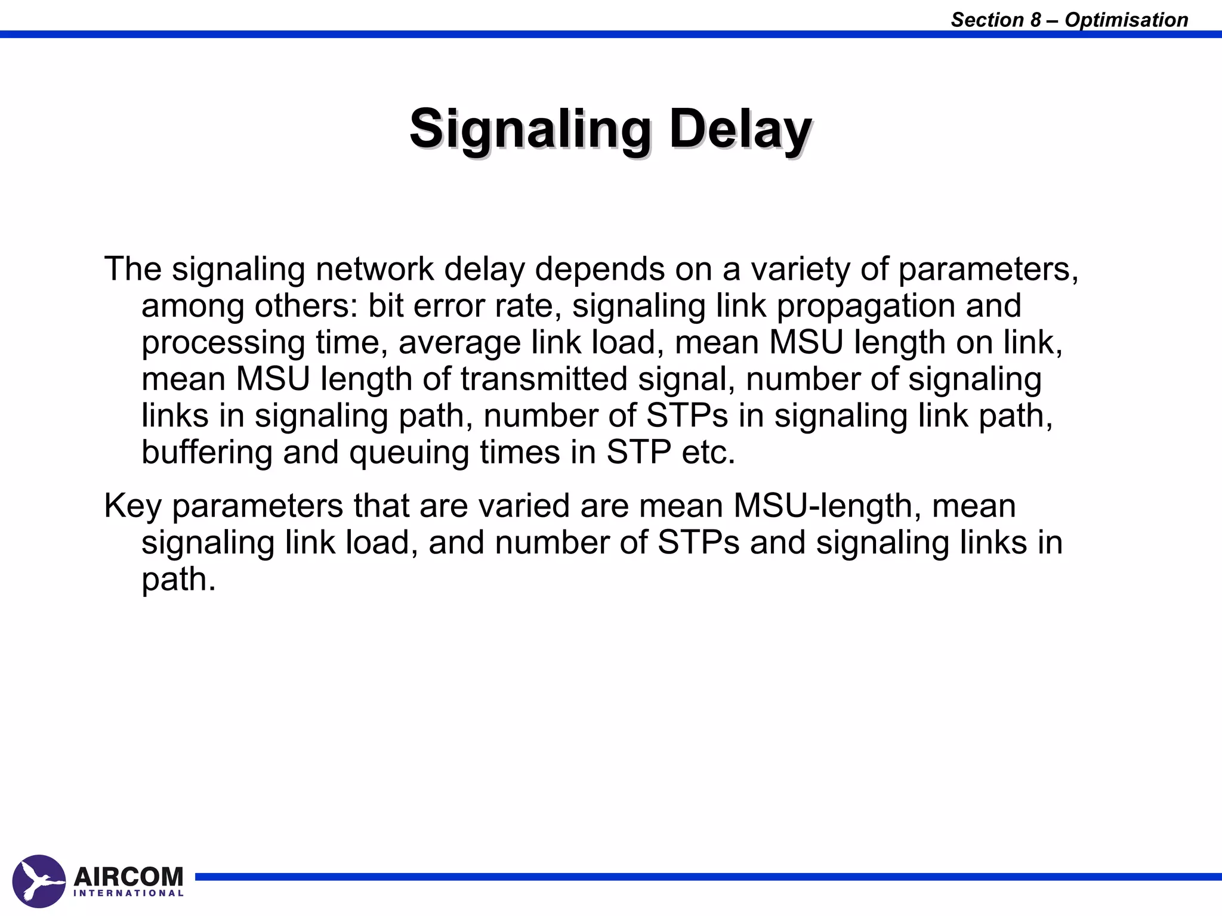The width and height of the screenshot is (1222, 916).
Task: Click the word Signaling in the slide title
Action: point(530,129)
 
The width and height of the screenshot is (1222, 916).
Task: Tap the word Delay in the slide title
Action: point(740,129)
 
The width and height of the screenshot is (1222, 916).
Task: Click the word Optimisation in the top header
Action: point(1126,20)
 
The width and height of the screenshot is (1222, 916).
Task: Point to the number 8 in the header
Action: point(1035,20)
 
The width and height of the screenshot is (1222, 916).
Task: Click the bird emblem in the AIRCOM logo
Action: point(39,881)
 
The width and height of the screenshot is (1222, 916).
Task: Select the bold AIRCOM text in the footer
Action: point(128,877)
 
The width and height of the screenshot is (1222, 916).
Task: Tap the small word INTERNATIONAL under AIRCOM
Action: point(128,893)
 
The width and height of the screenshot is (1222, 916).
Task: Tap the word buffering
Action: point(206,452)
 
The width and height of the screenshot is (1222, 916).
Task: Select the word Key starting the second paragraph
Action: point(132,506)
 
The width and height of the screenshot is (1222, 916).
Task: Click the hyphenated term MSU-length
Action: point(823,506)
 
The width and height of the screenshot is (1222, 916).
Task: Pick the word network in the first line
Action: point(374,269)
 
